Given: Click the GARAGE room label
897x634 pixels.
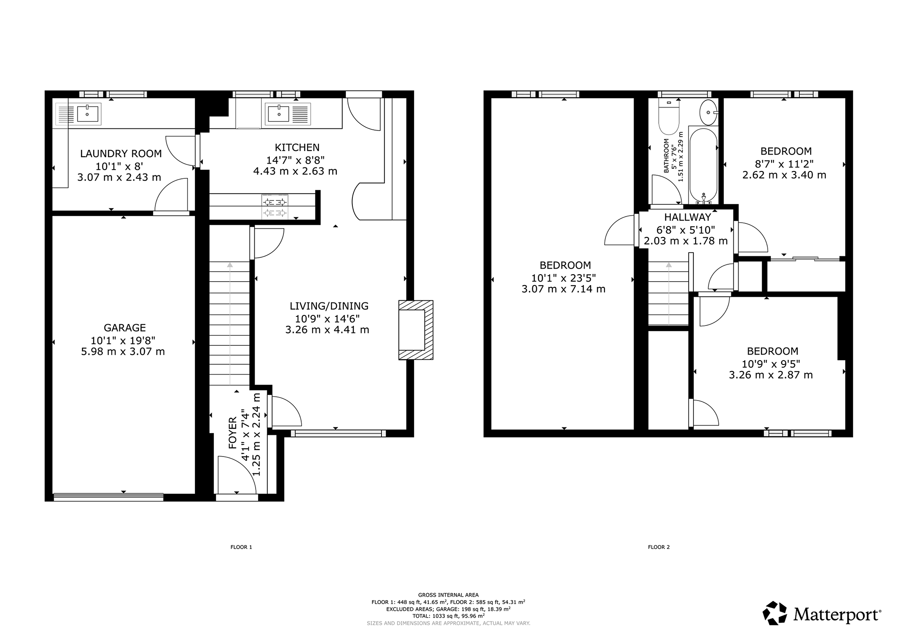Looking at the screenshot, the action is point(125,328).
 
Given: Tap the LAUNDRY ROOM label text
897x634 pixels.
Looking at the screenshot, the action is point(121,154).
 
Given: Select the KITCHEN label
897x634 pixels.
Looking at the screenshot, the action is point(297,148).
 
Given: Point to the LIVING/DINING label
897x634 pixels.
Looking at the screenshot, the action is point(329,306).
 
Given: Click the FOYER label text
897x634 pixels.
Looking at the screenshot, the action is point(233,433).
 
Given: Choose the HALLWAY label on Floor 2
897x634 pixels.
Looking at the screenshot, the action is point(688,217).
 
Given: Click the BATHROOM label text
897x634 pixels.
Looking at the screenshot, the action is point(666,156).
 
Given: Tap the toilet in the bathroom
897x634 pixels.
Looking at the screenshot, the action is point(668,115).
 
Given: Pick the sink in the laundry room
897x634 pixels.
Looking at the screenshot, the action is point(87,114).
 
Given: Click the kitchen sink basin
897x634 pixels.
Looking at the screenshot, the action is point(278,114).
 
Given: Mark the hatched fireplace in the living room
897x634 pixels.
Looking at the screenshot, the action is point(416,330).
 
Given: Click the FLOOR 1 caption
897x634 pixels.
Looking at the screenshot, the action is point(241,547).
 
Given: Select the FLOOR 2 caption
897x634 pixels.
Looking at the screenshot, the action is point(659,547).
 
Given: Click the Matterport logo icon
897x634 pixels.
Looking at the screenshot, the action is point(775,613).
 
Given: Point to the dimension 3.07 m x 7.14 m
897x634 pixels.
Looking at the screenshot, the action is point(563,289).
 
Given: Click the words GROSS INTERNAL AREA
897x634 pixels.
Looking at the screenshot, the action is point(448,595).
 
